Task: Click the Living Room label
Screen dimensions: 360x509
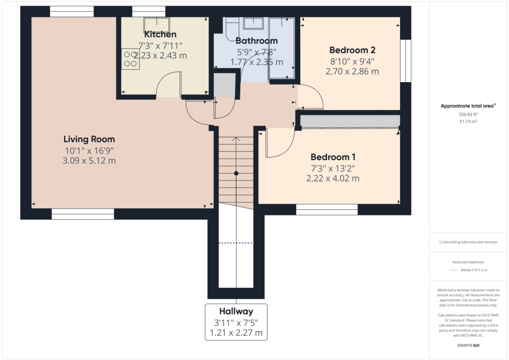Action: tap(89, 139)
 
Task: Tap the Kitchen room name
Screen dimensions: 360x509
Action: tap(160, 35)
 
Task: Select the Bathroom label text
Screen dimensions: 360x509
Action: tap(256, 41)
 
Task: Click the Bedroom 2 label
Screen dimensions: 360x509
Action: tap(352, 50)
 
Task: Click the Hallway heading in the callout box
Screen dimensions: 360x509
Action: tap(236, 311)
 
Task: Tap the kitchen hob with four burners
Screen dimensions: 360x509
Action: tap(131, 59)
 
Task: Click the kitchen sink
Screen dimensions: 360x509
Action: tap(157, 23)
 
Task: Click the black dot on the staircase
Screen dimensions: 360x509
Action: tap(236, 173)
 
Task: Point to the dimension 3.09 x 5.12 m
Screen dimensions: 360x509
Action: tap(89, 161)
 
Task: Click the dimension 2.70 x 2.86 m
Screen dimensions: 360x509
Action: tap(352, 72)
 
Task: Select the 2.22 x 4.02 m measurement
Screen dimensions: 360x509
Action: tap(333, 179)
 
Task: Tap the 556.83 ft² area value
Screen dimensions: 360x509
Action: tap(469, 114)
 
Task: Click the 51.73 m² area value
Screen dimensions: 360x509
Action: tap(469, 121)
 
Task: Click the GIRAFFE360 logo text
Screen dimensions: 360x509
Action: tap(468, 345)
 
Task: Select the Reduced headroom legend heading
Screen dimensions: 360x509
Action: tap(468, 262)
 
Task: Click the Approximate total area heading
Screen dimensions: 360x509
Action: tap(468, 106)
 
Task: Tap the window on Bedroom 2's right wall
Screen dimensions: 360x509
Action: tap(407, 61)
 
